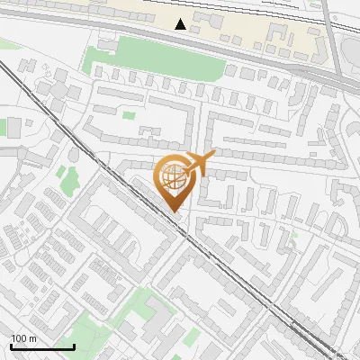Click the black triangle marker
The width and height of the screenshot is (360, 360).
pos(182,23)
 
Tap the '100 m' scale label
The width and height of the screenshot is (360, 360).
pos(23,337)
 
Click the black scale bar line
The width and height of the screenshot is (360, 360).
pos(42,346)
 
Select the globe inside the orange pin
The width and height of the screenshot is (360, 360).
pos(175,177)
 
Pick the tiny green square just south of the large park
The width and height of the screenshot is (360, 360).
pos(129,114)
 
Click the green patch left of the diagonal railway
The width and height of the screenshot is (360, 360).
pos(62,171)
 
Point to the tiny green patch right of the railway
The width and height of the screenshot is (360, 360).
pos(293,238)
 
